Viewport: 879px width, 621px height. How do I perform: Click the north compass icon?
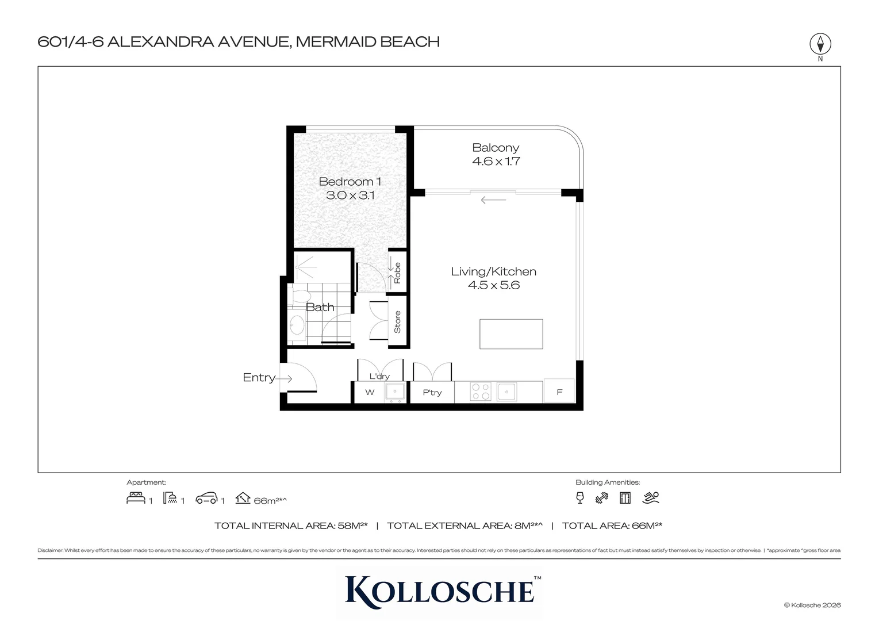click(820, 44)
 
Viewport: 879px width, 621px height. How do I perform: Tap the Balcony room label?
click(496, 148)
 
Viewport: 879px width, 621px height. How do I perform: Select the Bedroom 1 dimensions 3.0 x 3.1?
click(350, 195)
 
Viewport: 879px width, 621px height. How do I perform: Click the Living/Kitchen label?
click(493, 271)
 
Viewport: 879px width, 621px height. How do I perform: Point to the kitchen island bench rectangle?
click(511, 334)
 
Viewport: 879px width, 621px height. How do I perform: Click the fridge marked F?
click(559, 392)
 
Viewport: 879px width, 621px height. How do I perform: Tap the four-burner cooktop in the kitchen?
click(480, 392)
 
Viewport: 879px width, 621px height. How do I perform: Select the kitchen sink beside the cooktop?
click(506, 392)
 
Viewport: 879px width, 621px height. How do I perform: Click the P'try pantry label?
click(432, 393)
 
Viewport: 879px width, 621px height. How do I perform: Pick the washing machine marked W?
click(370, 393)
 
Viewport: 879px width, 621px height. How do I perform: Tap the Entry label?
click(259, 378)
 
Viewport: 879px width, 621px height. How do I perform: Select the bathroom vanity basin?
click(297, 325)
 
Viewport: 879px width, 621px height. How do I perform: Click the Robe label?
click(397, 273)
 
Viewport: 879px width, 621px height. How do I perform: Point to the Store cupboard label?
click(397, 322)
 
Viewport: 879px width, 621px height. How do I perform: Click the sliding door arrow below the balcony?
click(493, 200)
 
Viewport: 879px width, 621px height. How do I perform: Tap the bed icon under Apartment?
click(136, 498)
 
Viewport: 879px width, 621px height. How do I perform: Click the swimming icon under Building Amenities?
click(651, 498)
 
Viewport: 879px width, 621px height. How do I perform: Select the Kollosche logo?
click(440, 590)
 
